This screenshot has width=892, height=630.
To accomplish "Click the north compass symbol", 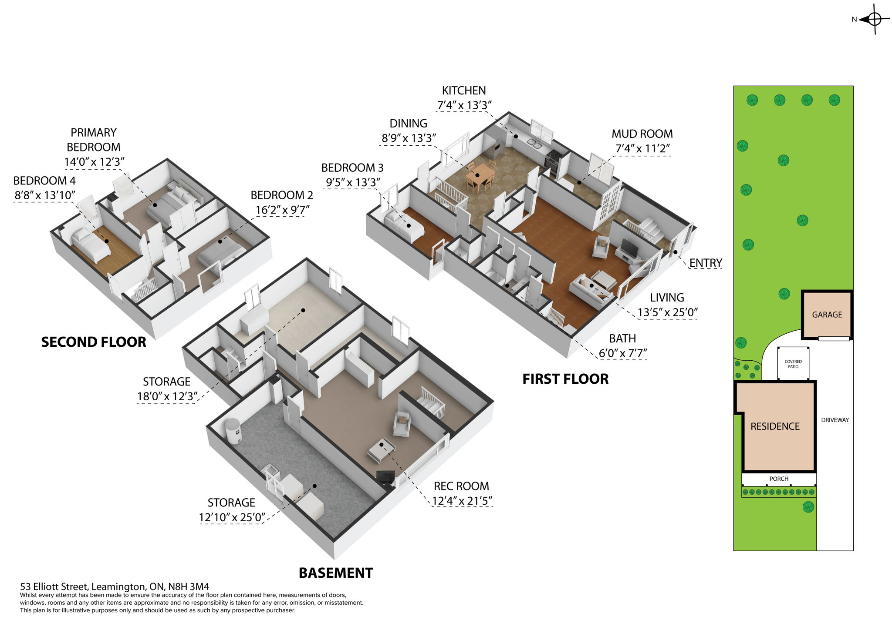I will pos(874,19).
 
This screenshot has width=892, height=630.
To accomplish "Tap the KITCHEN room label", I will pos(464,90).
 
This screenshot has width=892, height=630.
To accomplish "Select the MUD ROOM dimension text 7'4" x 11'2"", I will pos(642,149).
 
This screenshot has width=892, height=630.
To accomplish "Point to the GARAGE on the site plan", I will pos(827,315).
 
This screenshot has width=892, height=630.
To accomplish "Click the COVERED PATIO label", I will pos(793,364).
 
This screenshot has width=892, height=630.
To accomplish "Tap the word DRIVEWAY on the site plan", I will pos(835,420).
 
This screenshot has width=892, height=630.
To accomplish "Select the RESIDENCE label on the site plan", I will pos(775,426).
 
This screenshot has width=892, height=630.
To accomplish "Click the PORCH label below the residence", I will pos(779,479).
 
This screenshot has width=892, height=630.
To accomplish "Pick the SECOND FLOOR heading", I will pos(94,342).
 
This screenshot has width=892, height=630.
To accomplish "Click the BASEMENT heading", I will pos(336,573).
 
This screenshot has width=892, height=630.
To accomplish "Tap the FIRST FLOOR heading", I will pos(565,379).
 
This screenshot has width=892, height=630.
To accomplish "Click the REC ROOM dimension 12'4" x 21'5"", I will pos(462,501).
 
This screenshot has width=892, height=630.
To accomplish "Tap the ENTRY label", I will pos(706,263).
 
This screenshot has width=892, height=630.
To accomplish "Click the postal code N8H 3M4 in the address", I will pos(189,586).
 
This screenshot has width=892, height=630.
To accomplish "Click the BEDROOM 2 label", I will pos(282,195).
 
